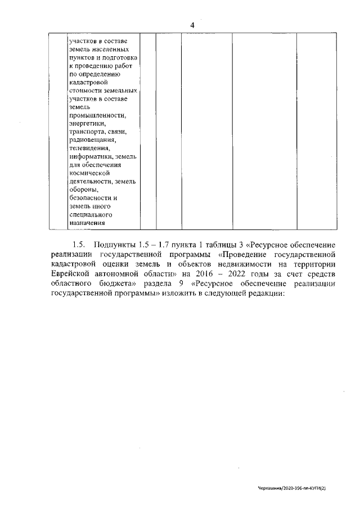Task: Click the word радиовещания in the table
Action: click(92, 140)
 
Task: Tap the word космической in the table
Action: click(89, 173)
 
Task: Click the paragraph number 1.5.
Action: click(78, 245)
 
